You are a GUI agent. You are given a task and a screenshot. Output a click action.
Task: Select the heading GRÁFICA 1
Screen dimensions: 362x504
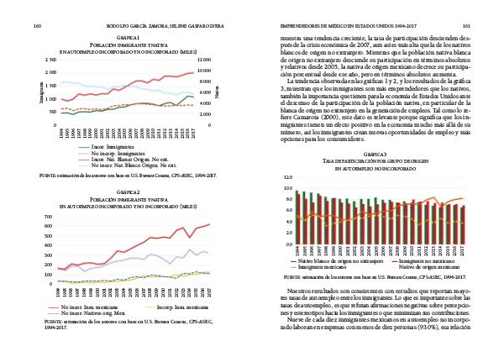click(x=127, y=39)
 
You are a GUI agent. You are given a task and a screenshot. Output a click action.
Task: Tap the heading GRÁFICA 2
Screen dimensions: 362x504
click(x=127, y=191)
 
